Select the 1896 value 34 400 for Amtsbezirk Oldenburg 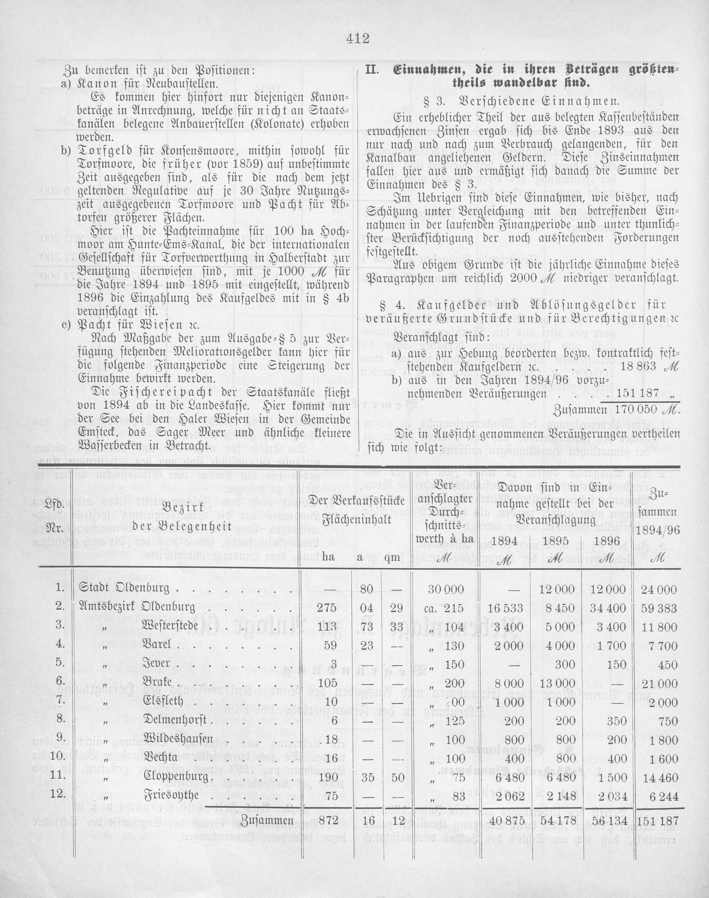pos(609,608)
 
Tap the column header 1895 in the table pos(558,541)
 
